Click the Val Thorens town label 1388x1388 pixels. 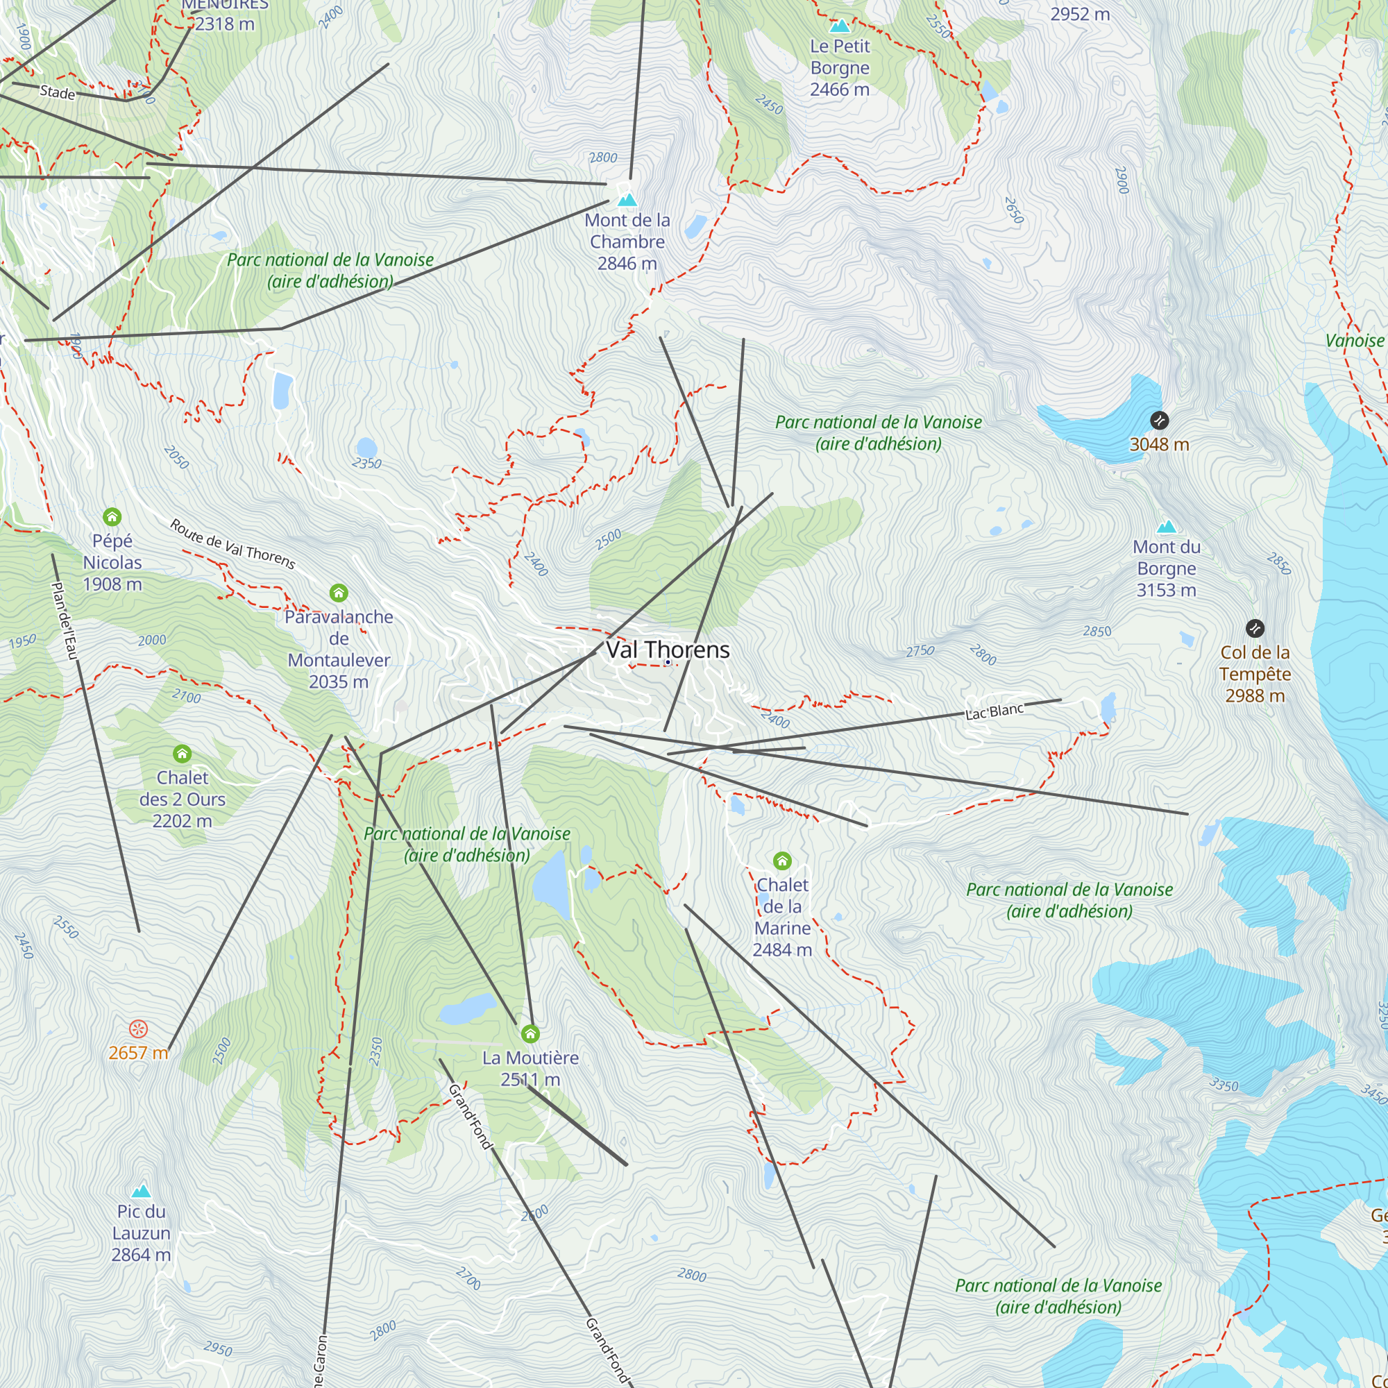pos(668,650)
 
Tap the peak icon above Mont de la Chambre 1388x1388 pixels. pos(627,200)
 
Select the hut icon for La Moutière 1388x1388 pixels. pos(530,1034)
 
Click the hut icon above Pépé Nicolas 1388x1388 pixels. pos(112,516)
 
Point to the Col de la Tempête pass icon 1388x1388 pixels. pos(1254,629)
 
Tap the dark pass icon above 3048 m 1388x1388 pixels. pos(1159,421)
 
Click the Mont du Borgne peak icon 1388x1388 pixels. pos(1166,526)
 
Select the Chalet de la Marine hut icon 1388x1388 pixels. pos(782,861)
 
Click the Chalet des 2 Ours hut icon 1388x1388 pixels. pos(183,754)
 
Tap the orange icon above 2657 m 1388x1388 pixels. pos(138,1029)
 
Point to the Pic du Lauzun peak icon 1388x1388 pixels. pos(142,1191)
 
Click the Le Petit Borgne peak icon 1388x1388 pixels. pos(839,26)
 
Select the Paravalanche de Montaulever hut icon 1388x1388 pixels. pos(339,593)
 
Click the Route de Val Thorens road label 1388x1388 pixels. pos(232,545)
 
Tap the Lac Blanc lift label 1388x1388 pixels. pos(995,711)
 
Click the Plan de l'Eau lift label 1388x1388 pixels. pos(65,620)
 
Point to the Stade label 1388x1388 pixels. pos(58,93)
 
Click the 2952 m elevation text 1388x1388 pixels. pos(1080,15)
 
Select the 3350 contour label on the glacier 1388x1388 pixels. pos(1224,1085)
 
